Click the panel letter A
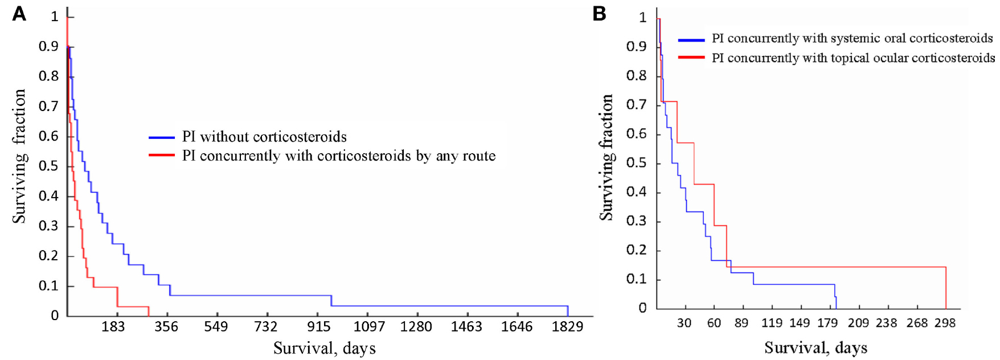point(19,14)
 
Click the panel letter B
point(599,14)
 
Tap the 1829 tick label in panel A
point(567,327)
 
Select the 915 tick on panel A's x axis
point(319,327)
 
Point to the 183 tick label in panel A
point(113,327)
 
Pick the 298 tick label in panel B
point(945,324)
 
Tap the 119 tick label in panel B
point(772,324)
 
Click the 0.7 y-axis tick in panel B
point(636,105)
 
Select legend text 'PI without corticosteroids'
point(264,137)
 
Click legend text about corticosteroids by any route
point(339,156)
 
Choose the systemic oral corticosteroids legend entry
point(852,39)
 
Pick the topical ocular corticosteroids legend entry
point(853,58)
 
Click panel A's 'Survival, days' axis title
point(325,348)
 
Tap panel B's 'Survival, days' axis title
point(815,347)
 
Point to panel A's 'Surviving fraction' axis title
point(19,156)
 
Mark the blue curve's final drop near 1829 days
point(568,311)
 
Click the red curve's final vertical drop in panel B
point(945,288)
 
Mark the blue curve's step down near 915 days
point(331,301)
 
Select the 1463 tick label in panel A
point(466,327)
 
